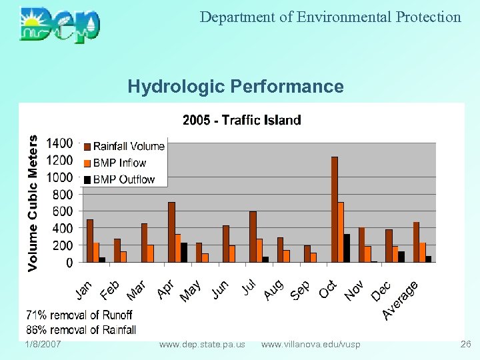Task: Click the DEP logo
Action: click(60, 25)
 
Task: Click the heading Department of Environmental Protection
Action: click(330, 17)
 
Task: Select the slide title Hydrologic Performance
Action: click(235, 87)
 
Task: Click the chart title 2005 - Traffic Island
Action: click(241, 121)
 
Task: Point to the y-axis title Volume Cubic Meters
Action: click(33, 203)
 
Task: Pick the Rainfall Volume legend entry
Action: click(128, 147)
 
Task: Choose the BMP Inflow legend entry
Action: click(119, 163)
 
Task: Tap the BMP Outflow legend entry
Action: click(123, 179)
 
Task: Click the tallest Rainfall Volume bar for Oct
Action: click(334, 209)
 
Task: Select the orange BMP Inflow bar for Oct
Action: click(341, 232)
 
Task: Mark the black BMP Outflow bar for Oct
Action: click(347, 248)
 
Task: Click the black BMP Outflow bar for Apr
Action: click(184, 252)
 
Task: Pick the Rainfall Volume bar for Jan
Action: click(90, 241)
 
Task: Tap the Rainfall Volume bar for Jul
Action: click(253, 237)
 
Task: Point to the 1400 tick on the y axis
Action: click(60, 143)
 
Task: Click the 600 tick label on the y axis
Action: click(63, 211)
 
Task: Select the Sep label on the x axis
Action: click(301, 290)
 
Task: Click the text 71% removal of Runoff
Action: click(79, 315)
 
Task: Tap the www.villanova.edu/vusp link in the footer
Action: click(311, 344)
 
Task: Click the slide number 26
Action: click(465, 344)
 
